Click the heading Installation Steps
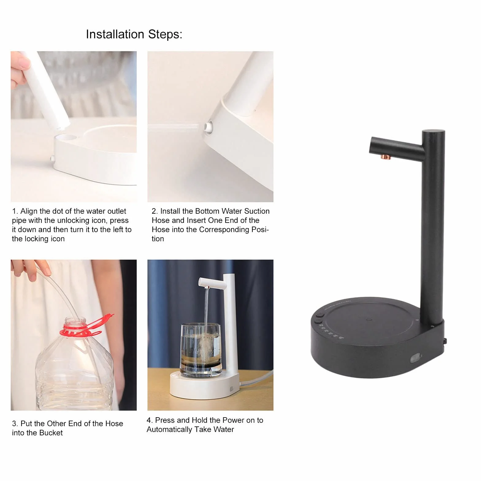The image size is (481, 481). [x=134, y=34]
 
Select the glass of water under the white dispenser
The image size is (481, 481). [x=200, y=350]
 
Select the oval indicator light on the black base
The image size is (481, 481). [x=416, y=358]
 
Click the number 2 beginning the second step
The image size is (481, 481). [x=155, y=211]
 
